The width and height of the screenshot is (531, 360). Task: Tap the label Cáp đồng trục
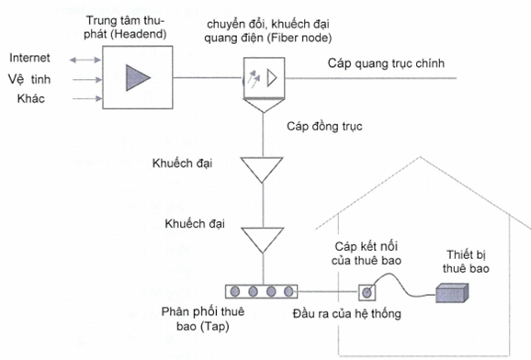tap(325, 126)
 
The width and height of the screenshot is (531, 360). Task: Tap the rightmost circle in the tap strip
tap(290, 292)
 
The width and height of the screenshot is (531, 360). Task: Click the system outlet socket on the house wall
tap(367, 293)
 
